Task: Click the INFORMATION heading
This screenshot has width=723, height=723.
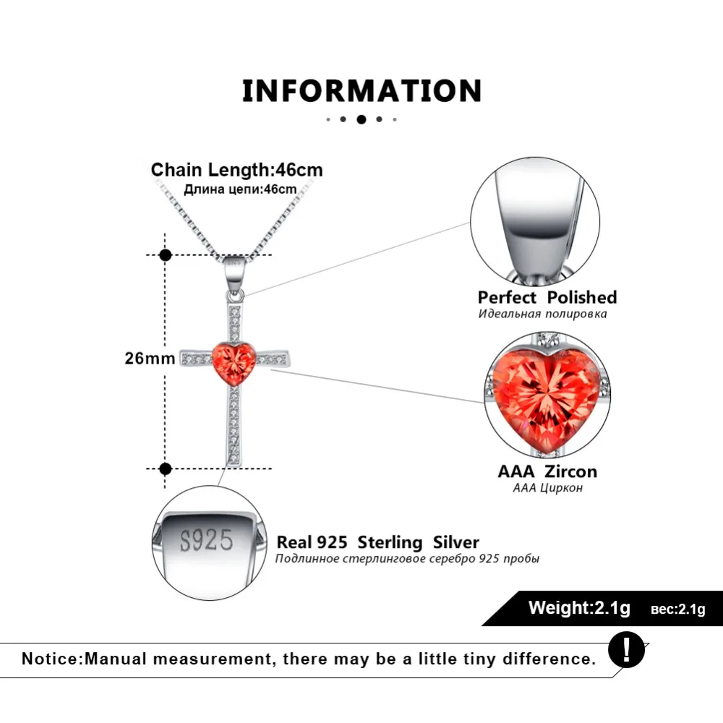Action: coord(361,91)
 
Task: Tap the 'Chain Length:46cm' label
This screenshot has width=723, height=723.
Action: coord(237,170)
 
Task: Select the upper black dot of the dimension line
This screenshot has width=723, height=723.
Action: coord(166,254)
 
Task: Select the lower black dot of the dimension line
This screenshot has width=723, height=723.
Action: coord(166,469)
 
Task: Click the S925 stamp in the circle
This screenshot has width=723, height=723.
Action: coord(206,541)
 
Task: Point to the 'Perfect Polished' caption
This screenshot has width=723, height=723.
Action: coord(547,297)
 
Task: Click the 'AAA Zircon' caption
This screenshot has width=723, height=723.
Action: coord(547,471)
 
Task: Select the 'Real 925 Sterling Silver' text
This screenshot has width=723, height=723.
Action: coord(377,542)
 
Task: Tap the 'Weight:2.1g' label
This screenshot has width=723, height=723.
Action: coord(579,607)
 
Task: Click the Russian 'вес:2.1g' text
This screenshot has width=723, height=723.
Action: coord(677,609)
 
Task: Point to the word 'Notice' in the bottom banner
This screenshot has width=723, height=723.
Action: coord(51,659)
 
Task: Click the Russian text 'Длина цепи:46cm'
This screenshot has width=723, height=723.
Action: coord(240,189)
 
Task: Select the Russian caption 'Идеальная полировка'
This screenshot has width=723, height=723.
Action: coord(542,314)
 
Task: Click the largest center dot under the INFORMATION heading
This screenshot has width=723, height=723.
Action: coord(361,119)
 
